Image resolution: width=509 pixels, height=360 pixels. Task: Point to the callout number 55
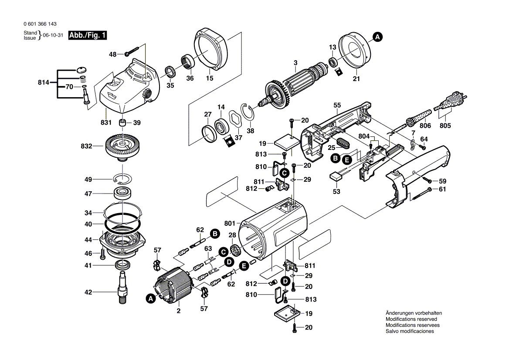pos(337,105)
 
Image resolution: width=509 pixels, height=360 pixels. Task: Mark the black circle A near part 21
pos(378,37)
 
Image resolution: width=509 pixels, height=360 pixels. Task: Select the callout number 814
pos(44,82)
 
